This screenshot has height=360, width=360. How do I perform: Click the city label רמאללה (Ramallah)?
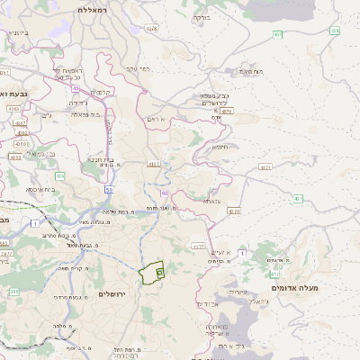pos(93,10)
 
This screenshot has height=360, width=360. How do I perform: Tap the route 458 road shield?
pos(334,31)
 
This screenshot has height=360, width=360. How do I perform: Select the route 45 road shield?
pos(76,89)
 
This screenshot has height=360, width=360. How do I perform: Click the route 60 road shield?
pos(165,193)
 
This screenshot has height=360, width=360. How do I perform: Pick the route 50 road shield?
pos(109,190)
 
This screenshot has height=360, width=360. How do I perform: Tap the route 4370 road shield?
pos(234,211)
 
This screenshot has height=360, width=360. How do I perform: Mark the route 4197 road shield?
pos(154,164)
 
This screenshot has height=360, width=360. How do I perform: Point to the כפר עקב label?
pos(139,67)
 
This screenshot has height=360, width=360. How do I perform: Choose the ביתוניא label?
pos(17,32)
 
